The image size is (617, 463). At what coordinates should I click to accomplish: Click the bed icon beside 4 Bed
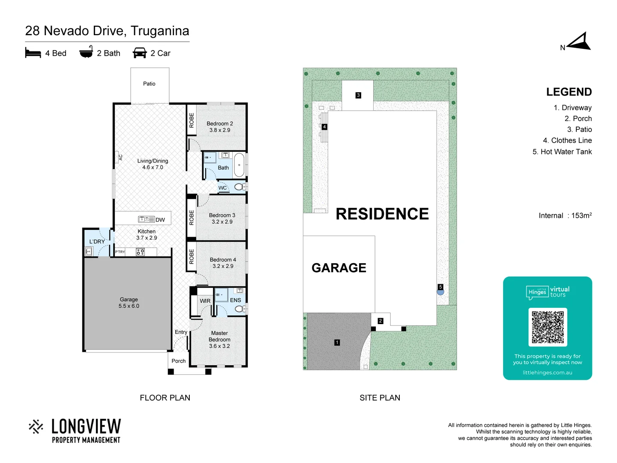pos(33,53)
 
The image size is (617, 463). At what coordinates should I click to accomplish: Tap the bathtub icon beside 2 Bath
pos(86,52)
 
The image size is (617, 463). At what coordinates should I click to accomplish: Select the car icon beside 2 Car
pos(140,53)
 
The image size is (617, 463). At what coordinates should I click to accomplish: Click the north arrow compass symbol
pos(579,42)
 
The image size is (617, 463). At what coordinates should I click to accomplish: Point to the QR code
pos(548,327)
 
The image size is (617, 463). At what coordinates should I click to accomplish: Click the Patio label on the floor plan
pos(149,84)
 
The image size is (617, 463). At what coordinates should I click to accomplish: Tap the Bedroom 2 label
pos(220,123)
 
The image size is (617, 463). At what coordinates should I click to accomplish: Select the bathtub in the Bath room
pos(239,165)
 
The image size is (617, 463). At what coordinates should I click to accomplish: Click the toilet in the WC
pos(240,187)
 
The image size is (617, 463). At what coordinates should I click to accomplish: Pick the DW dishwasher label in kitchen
pos(160,220)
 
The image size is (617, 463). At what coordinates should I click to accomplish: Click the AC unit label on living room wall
pos(120,157)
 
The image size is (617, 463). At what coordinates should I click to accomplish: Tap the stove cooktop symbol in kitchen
pos(140,252)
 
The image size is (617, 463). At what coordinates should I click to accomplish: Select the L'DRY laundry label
pos(97,241)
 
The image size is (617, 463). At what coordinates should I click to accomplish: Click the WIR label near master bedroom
pos(205,301)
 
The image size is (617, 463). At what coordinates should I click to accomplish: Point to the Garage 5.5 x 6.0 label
pos(129,303)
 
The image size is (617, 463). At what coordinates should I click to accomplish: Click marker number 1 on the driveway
pos(337,343)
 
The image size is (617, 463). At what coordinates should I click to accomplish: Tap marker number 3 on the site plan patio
pos(358,95)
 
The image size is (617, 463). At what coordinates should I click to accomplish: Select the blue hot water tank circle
pos(440,292)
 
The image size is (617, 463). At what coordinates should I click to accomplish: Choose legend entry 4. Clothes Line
pos(567,141)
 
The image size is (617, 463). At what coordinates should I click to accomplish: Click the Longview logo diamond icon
pos(36,427)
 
